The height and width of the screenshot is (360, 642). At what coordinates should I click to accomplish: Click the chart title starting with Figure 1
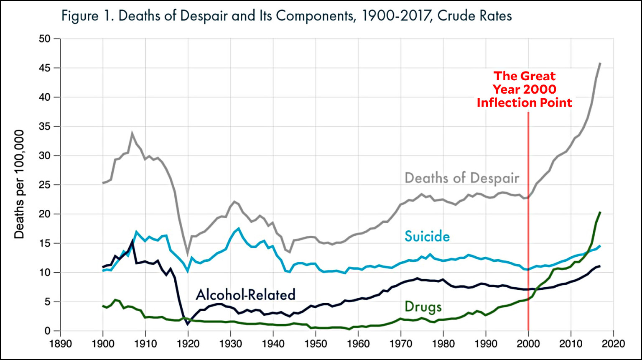pos(286,16)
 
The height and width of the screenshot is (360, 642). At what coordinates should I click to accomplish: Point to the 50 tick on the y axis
pos(45,39)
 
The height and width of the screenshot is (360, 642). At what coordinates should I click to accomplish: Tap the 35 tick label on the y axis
pos(45,126)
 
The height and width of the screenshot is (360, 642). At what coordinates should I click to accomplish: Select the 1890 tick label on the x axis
pos(60,344)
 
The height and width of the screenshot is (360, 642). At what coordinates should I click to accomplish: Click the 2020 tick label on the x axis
pos(613,344)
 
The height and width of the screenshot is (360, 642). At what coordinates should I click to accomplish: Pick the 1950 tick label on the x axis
pos(316,344)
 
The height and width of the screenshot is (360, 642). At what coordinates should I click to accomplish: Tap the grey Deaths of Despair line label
pos(462,178)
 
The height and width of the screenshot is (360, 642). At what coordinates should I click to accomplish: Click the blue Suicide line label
pos(427,237)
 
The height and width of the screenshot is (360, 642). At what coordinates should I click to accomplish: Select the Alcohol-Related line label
pos(246,295)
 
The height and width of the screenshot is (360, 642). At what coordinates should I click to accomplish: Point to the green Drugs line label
pos(423,307)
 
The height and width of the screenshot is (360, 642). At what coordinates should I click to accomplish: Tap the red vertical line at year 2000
pos(528,251)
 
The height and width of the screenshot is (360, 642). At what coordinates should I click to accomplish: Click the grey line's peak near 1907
pos(132,134)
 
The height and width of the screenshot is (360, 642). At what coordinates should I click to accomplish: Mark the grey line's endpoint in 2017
pos(600,63)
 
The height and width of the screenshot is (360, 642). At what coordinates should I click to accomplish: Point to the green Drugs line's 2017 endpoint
pos(600,212)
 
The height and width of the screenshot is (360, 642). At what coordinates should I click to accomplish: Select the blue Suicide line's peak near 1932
pos(239,228)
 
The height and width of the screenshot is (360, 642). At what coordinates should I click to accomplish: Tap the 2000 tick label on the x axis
pos(528,344)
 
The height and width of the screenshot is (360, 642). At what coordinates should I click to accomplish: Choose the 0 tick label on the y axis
pos(47,331)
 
